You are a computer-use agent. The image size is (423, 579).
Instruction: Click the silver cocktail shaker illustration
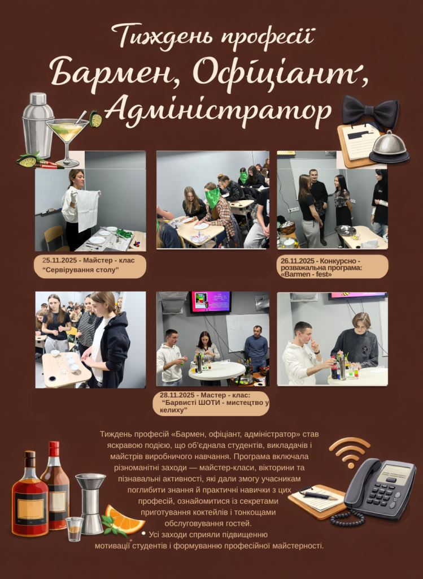38,125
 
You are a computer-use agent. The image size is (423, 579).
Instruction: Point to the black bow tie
370,110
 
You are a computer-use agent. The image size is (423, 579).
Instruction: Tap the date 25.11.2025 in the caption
60,260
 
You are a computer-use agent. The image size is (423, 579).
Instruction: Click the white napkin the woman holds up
88,210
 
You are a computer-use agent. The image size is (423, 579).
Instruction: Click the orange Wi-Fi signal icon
350,451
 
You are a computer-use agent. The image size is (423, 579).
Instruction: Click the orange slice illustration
124,519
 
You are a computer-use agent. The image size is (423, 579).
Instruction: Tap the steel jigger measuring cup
91,504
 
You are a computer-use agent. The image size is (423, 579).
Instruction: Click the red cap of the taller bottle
54,449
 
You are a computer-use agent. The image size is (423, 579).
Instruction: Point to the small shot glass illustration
75,529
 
